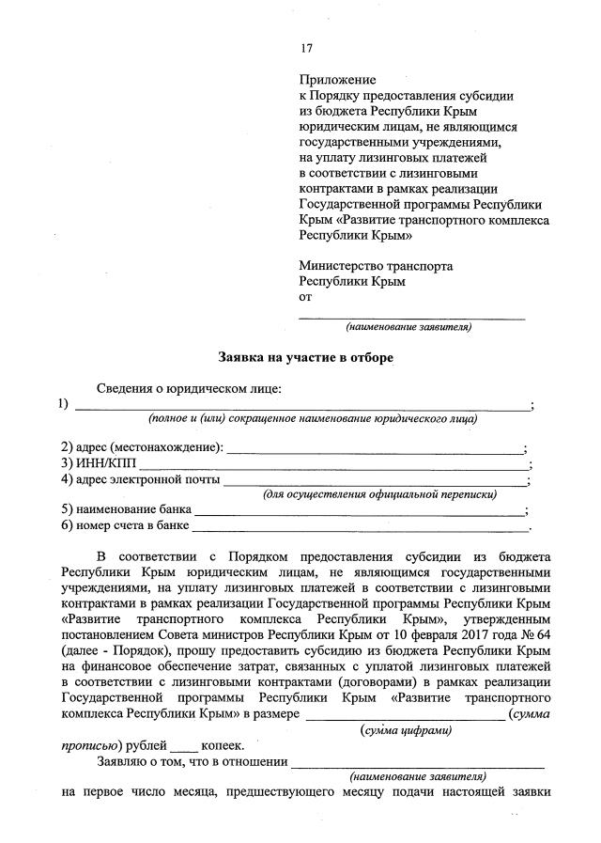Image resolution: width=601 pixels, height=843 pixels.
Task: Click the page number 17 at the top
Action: pyautogui.click(x=306, y=49)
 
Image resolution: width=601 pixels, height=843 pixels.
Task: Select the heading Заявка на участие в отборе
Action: pyautogui.click(x=300, y=357)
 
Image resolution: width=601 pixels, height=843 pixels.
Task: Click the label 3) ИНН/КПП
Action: pyautogui.click(x=98, y=463)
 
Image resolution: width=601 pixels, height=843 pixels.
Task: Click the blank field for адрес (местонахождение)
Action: pyautogui.click(x=375, y=450)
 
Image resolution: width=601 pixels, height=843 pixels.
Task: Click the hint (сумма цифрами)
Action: pyautogui.click(x=406, y=729)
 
